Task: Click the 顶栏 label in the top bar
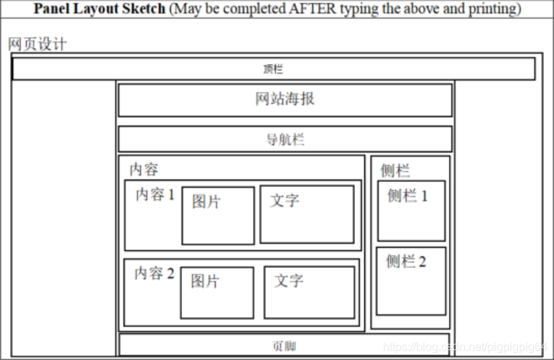click(273, 70)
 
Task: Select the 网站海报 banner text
click(285, 99)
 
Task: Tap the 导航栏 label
click(285, 139)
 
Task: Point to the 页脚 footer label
click(284, 346)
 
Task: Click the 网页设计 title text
click(37, 44)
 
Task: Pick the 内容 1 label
click(155, 195)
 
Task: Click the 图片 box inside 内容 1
click(218, 216)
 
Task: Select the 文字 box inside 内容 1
click(307, 214)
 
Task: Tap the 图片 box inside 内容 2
click(217, 292)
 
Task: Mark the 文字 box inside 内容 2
click(309, 292)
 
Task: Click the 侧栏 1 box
click(412, 211)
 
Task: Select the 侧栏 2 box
click(411, 281)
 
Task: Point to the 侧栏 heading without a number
click(395, 170)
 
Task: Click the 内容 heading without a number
click(144, 170)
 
